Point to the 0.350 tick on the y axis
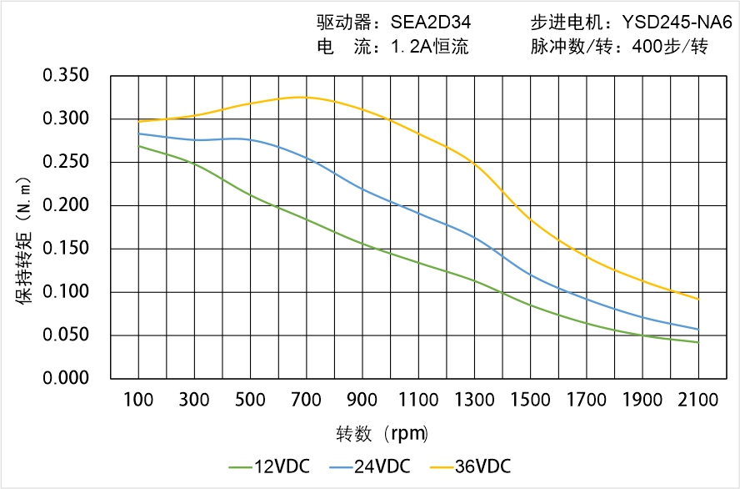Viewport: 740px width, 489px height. [66, 76]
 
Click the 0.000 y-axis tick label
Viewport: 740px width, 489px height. [66, 379]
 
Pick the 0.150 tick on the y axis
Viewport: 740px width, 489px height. [66, 249]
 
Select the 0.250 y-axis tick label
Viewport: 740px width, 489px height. [66, 162]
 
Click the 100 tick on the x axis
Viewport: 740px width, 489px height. [138, 400]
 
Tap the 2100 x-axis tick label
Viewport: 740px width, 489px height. [698, 400]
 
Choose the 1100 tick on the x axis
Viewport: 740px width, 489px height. [418, 400]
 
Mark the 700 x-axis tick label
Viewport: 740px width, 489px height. [307, 400]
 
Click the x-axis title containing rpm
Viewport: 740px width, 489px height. [382, 434]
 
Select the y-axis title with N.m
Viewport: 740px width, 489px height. [25, 238]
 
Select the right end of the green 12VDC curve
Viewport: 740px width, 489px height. [698, 342]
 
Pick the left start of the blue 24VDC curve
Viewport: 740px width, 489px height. [138, 134]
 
